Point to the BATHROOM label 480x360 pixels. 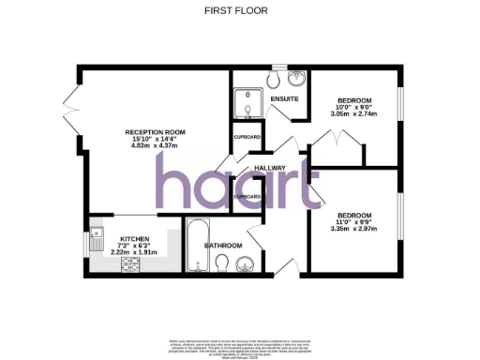coord(224,247)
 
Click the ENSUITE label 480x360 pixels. coord(283,97)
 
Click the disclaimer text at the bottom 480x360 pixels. coord(239,346)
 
